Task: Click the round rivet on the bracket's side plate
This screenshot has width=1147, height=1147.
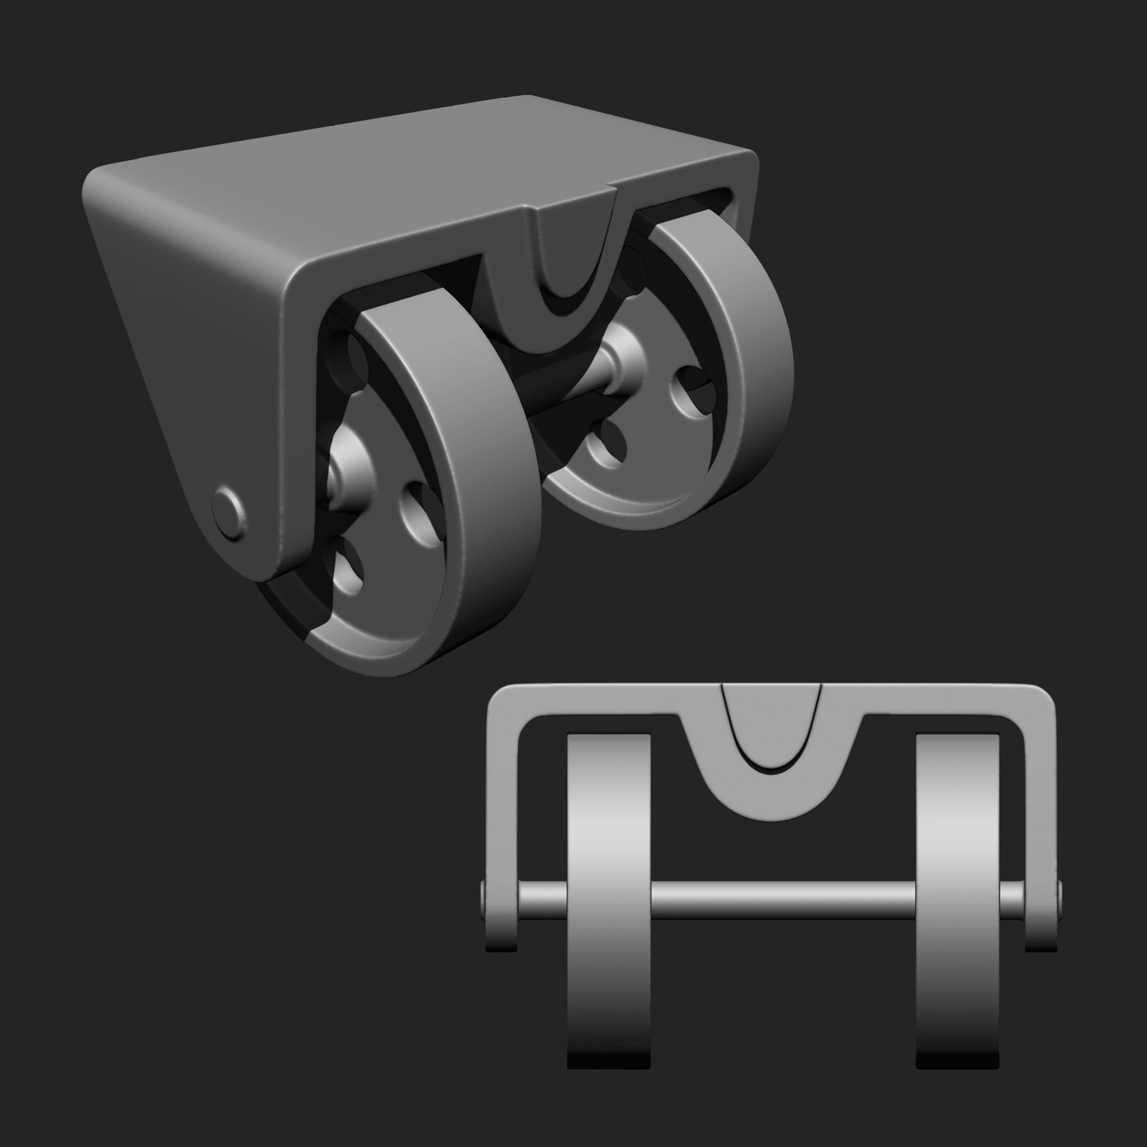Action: (x=228, y=514)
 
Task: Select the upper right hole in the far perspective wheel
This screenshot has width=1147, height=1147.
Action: (x=692, y=389)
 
